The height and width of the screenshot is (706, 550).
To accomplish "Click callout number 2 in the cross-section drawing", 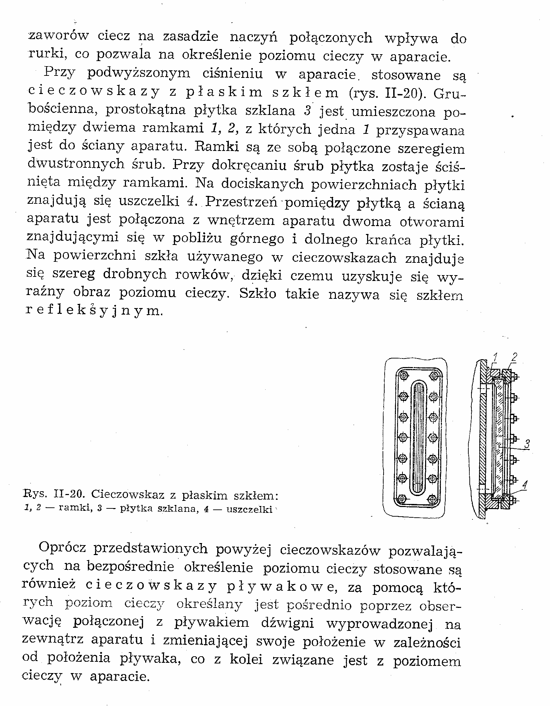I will [514, 357].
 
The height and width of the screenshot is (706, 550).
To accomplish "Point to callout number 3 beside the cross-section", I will [527, 445].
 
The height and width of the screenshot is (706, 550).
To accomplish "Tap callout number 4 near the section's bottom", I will [525, 485].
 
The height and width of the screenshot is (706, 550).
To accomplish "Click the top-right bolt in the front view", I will [434, 376].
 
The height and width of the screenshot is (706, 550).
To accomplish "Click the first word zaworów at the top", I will [58, 35].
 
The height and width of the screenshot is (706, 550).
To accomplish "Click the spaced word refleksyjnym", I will [92, 311].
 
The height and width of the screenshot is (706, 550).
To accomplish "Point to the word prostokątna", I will [146, 110].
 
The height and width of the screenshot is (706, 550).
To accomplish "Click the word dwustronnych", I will [76, 164].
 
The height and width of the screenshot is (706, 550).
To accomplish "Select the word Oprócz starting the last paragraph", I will [62, 548].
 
